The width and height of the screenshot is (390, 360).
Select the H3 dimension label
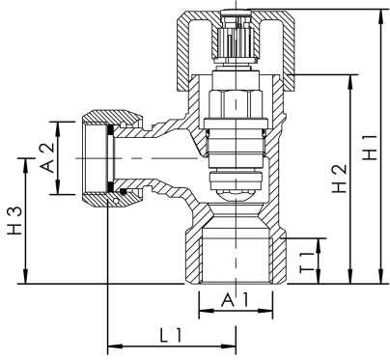click(14, 221)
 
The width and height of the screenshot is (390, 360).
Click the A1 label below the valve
click(235, 301)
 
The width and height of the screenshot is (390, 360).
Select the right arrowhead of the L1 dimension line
click(232, 343)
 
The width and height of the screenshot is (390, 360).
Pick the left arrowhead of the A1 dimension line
click(202, 312)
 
